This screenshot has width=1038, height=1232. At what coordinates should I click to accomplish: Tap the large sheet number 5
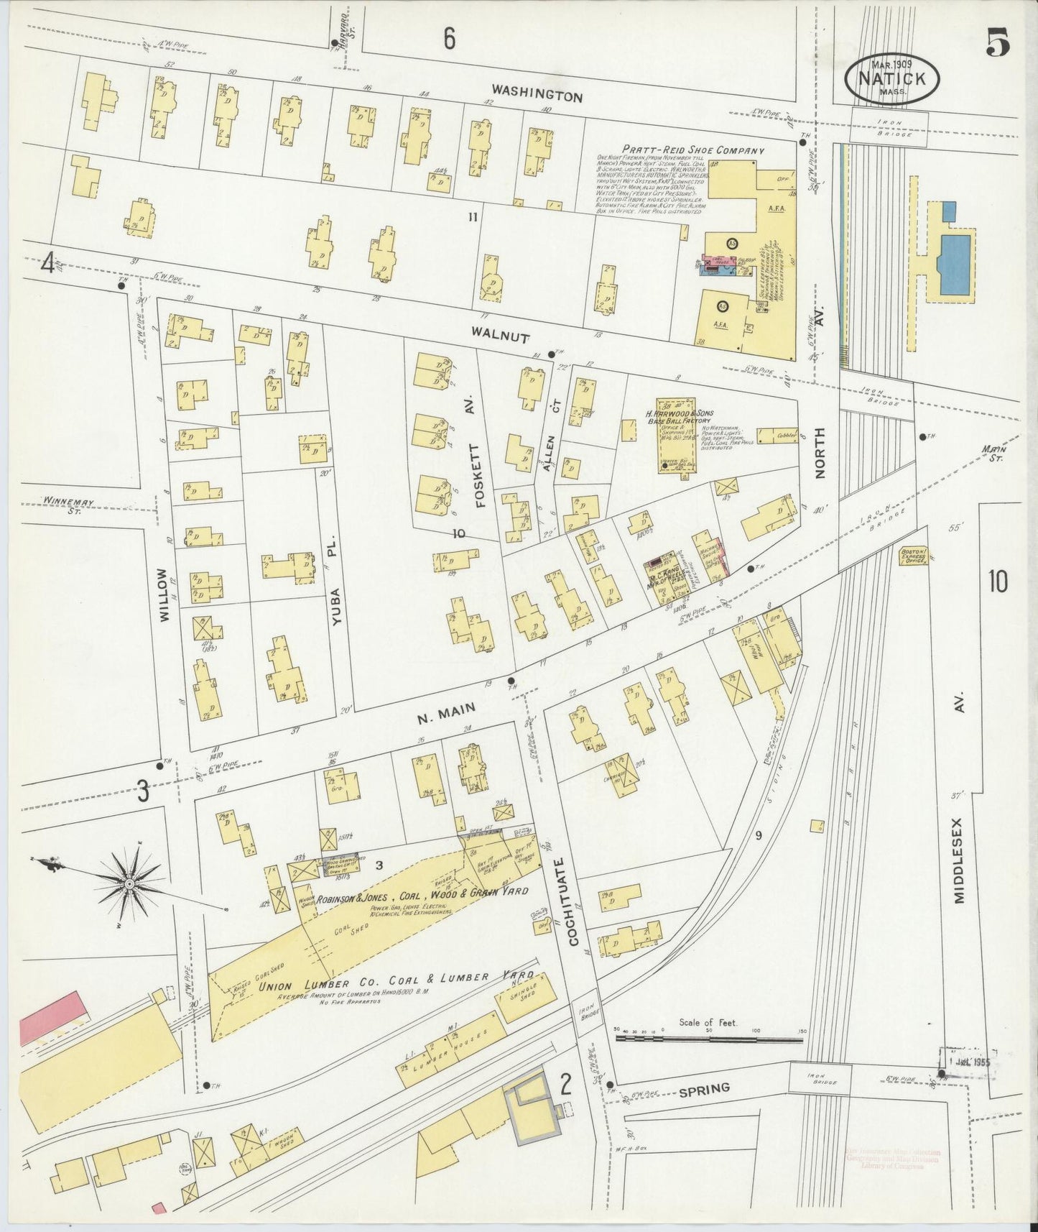click(x=998, y=45)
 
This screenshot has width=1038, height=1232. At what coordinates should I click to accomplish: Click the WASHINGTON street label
click(x=537, y=94)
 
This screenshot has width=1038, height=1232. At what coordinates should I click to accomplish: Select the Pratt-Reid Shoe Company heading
click(x=680, y=151)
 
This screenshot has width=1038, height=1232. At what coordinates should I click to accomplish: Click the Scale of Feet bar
click(x=708, y=1039)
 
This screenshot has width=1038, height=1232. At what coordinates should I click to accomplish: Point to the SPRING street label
click(x=704, y=1089)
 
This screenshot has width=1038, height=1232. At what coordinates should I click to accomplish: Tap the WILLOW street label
click(x=164, y=594)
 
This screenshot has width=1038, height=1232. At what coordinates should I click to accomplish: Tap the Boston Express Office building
click(x=913, y=556)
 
